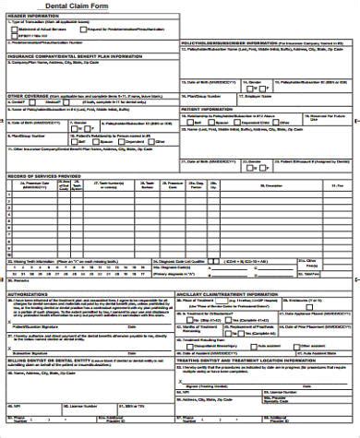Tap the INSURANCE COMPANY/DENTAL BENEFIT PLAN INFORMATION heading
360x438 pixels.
(x=75, y=55)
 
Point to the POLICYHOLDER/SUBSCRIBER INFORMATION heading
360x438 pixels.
(x=231, y=41)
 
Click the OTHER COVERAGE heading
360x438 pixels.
(x=28, y=95)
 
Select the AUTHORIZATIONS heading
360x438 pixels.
(x=29, y=294)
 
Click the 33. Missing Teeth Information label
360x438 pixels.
(x=37, y=261)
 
